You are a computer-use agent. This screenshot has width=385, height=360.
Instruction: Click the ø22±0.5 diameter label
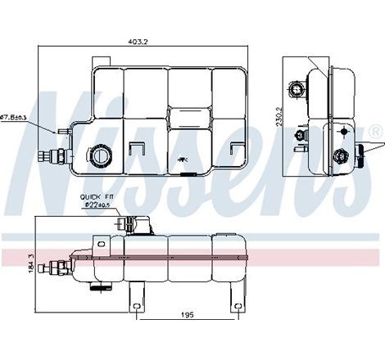click(97, 205)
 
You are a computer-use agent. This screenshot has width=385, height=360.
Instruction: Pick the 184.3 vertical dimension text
click(30, 264)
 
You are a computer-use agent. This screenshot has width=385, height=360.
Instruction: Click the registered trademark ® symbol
click(374, 131)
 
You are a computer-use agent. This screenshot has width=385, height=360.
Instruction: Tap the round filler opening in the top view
click(101, 154)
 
